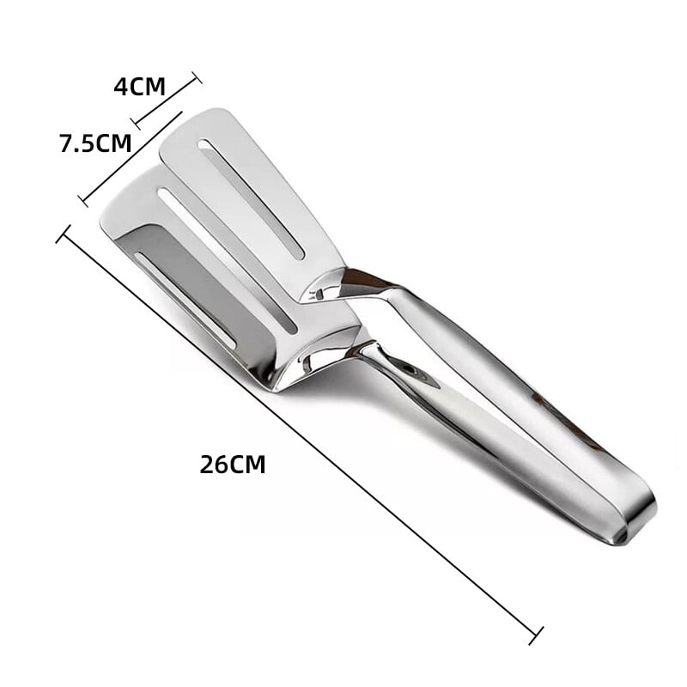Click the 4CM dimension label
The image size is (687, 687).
139,87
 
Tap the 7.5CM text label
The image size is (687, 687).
94,143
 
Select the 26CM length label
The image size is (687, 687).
233,465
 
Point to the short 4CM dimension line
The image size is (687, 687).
166,102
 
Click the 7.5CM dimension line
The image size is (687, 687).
131,157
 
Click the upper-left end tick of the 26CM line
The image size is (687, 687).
63,234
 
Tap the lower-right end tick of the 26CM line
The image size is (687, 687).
536,635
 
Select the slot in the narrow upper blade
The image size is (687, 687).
252,199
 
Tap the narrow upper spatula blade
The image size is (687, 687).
249,198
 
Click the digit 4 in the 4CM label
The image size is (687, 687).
120,87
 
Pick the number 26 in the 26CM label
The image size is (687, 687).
213,465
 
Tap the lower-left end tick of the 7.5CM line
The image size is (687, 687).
83,201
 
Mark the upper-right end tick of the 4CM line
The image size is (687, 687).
195,78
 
